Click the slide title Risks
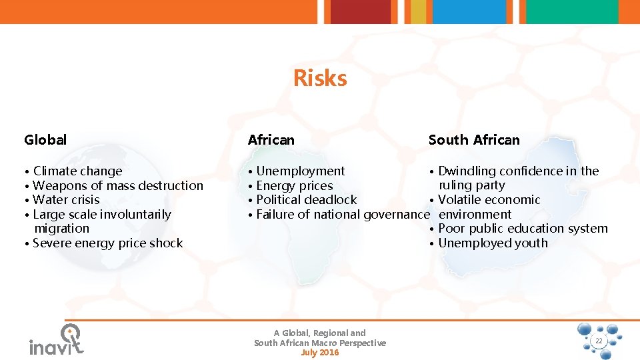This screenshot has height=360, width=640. (320, 79)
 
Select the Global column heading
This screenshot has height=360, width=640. (45, 140)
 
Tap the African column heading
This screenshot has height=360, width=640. (271, 140)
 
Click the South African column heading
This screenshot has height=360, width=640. (473, 140)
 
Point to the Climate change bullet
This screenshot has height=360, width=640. (77, 171)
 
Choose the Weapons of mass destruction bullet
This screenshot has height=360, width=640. (117, 186)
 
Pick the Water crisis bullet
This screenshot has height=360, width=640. (65, 200)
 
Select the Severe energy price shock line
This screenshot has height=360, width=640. (107, 243)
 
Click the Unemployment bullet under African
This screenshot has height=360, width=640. (300, 171)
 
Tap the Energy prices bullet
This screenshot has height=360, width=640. (294, 186)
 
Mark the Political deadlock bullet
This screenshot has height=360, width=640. (306, 200)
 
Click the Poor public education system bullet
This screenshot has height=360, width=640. (523, 229)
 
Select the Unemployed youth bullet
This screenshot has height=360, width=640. (493, 243)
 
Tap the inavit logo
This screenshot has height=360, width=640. (57, 340)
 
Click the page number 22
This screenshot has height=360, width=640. (598, 341)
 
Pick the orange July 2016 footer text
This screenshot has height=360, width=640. (320, 353)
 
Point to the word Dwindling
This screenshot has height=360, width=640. (467, 171)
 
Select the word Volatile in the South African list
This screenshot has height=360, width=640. (459, 200)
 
